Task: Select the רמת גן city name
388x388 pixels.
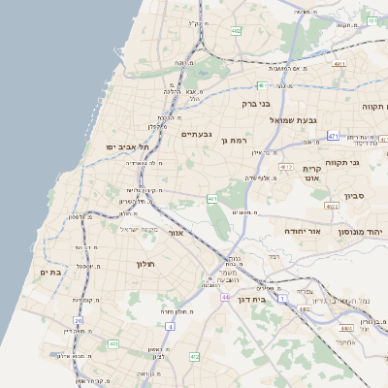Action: coord(237,140)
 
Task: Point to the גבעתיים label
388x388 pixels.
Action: coord(197,134)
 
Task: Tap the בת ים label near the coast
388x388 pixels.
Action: coord(49,273)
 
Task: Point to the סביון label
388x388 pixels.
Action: coord(353,196)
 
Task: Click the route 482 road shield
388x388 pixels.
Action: coord(236,32)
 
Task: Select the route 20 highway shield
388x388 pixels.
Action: coord(78,319)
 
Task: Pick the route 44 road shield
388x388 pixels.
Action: coord(224,297)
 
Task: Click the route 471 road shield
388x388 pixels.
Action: coord(333,136)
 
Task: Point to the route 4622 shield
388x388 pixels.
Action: coord(332,206)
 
